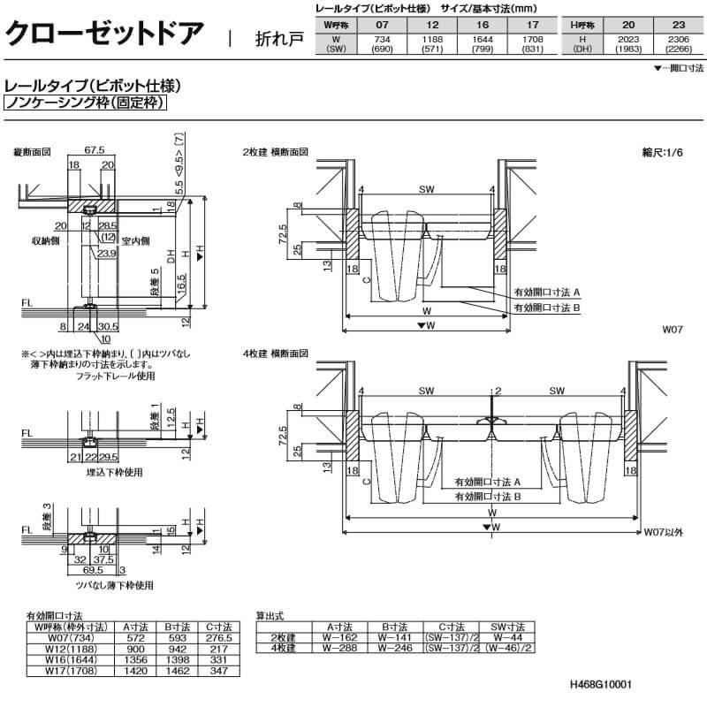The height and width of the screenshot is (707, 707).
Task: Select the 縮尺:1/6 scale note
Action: click(663, 152)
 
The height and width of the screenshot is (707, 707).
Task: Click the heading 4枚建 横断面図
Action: click(276, 353)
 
